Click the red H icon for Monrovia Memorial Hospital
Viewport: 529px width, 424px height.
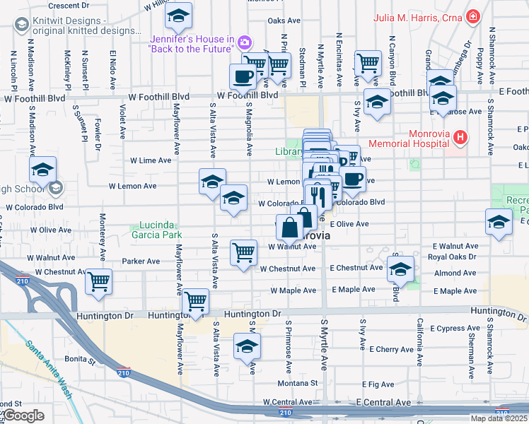click(x=460, y=136)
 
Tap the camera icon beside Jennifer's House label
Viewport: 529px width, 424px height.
click(x=244, y=42)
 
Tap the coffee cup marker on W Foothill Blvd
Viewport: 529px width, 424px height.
click(x=243, y=76)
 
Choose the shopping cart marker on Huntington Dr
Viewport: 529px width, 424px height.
click(x=195, y=301)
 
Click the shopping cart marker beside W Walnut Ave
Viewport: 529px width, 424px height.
click(x=243, y=252)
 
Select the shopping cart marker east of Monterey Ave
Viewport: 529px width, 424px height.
click(x=98, y=281)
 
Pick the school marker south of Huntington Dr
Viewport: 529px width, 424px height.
click(x=247, y=346)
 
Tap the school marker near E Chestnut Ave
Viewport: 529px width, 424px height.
click(x=400, y=269)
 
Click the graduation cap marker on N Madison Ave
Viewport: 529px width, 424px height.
click(x=42, y=170)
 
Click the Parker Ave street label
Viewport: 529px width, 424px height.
click(x=141, y=261)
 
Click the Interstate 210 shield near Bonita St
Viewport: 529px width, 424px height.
click(x=124, y=372)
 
